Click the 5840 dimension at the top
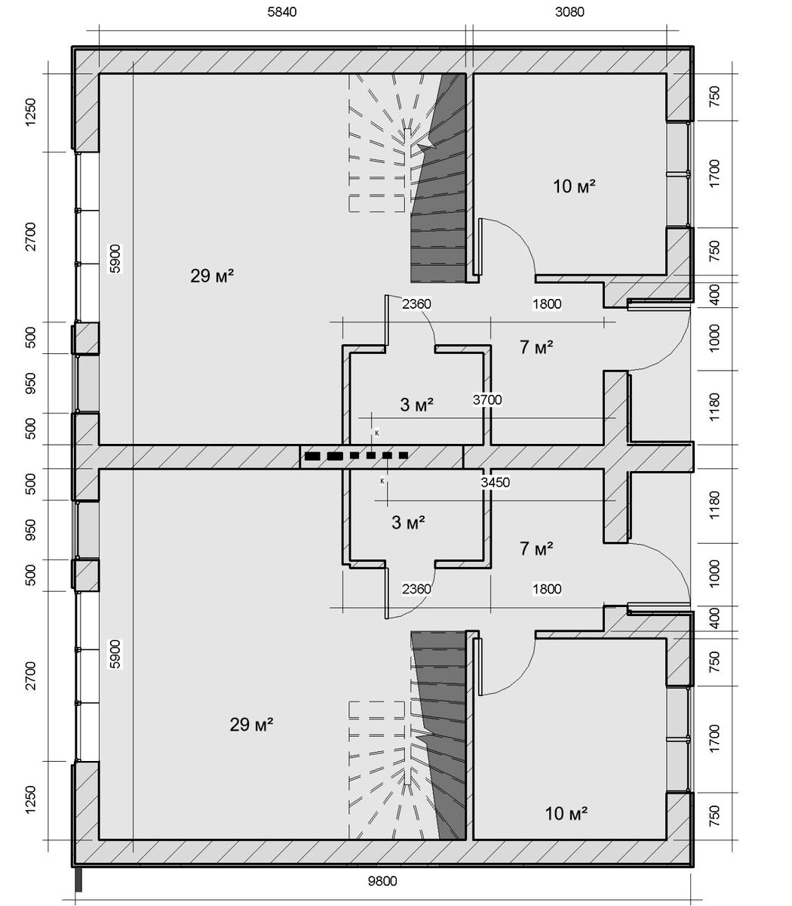click(x=282, y=12)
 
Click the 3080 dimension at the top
click(x=569, y=12)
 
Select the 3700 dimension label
click(x=487, y=400)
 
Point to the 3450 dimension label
click(x=495, y=482)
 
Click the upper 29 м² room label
click(x=212, y=276)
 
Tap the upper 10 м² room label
click(x=574, y=186)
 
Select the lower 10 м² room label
click(x=566, y=813)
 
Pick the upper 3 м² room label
click(x=417, y=405)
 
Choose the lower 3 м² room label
click(x=408, y=522)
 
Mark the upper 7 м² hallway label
click(x=536, y=347)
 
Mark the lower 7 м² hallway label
click(x=536, y=549)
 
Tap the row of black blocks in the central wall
click(x=356, y=455)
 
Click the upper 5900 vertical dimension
click(x=115, y=259)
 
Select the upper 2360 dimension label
click(x=416, y=304)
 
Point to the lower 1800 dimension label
click(x=547, y=589)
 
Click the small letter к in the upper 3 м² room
click(x=377, y=433)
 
